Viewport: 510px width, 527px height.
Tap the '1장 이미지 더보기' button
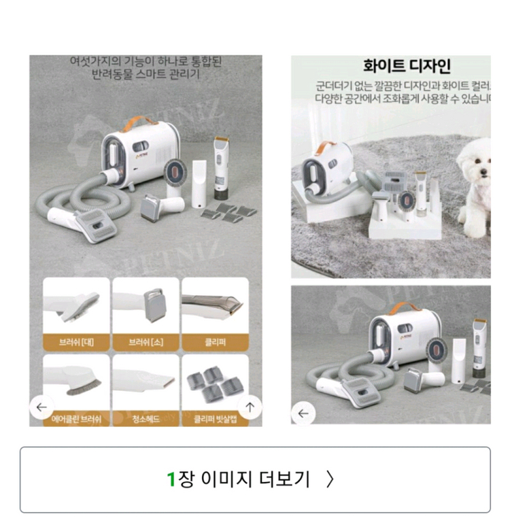254,479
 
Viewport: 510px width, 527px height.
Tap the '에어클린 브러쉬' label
77,419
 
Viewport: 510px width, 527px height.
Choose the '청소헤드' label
146,419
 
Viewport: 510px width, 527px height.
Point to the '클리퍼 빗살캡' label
215,419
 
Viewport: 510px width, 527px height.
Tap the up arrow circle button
250,407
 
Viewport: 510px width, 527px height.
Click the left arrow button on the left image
42,407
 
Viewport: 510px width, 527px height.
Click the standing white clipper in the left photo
220,162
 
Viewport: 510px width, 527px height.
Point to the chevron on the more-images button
330,479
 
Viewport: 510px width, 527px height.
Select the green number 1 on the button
171,479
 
